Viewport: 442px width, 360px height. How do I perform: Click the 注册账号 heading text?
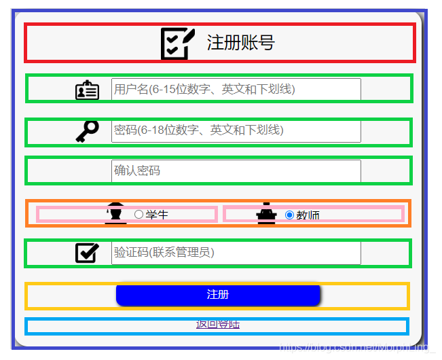pos(240,43)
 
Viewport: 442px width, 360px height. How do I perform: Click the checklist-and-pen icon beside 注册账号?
pos(178,43)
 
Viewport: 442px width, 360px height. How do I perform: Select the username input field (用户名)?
pos(236,89)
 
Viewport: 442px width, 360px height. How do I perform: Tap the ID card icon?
pos(87,90)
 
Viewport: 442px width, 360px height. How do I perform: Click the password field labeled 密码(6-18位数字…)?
pos(236,130)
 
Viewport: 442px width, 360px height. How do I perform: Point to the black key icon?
pos(87,131)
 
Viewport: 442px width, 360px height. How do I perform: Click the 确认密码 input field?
pos(236,170)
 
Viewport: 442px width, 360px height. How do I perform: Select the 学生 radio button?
pos(139,215)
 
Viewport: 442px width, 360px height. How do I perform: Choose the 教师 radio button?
pos(289,215)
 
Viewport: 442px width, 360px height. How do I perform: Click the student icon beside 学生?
pos(116,213)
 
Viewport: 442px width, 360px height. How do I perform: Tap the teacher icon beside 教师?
pos(266,213)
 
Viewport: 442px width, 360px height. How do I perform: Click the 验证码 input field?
pos(236,253)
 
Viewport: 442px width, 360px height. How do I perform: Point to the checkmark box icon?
pos(87,253)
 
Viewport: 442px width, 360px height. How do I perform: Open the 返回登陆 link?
pos(217,325)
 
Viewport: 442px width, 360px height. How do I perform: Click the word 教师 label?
pos(308,215)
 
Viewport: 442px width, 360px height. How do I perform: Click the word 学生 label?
pos(157,215)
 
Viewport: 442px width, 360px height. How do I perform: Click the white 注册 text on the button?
pos(217,294)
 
